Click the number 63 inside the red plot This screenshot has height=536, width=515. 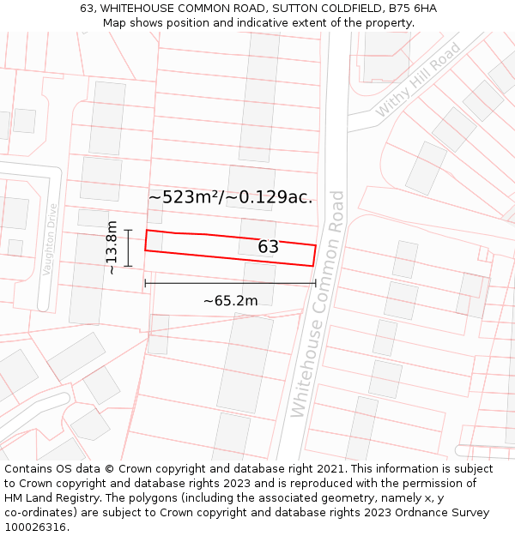tap(268, 247)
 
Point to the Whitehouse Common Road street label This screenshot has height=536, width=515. tap(318, 304)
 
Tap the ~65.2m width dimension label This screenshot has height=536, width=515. tap(230, 301)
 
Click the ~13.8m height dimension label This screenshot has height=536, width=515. tap(112, 248)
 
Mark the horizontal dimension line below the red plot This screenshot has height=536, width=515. tap(230, 283)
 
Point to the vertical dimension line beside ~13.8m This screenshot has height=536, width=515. tap(128, 248)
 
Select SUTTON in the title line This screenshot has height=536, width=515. tap(296, 9)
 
